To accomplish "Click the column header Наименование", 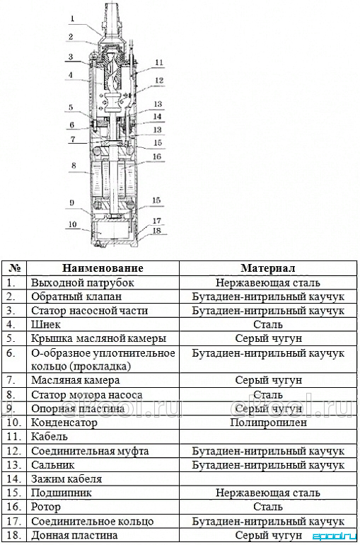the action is click(103, 268).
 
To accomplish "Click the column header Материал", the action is click(268, 268).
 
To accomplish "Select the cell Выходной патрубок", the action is click(83, 282).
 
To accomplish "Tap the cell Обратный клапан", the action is click(76, 297).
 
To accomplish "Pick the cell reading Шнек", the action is click(46, 324).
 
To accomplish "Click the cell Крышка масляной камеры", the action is click(98, 338).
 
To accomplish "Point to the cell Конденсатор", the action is click(64, 423).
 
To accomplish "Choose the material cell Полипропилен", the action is click(268, 423).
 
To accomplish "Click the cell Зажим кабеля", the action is click(66, 479).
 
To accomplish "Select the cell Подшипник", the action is click(62, 493).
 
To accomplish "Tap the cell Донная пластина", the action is click(74, 535).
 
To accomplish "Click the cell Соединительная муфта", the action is click(90, 451).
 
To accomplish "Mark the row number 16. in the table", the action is click(14, 507).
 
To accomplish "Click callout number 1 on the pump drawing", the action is click(73, 19).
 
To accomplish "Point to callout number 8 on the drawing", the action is click(74, 166).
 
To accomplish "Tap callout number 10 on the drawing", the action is click(72, 224).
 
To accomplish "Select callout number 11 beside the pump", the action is click(159, 62).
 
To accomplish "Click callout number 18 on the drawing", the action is click(157, 231).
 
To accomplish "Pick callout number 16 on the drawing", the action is click(157, 156).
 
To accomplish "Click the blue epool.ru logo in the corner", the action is click(335, 537).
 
